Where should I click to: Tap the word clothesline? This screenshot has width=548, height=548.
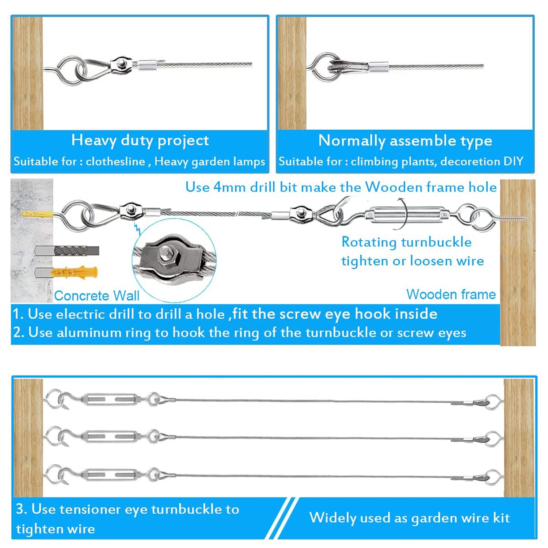coord(115,161)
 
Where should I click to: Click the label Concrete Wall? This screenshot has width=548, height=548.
coord(97,296)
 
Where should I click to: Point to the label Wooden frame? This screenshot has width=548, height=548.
coord(451,294)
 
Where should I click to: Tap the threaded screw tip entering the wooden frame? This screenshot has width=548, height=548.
coord(515,218)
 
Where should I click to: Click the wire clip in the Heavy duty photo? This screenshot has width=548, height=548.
coord(122,64)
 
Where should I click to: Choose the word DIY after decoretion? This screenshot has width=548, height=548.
coord(514,161)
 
